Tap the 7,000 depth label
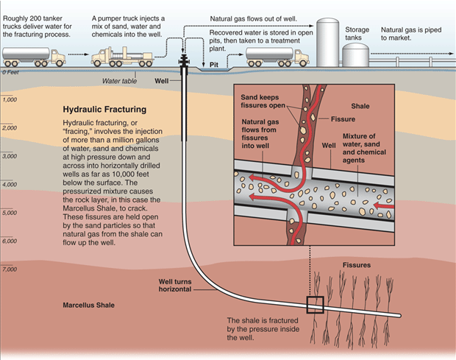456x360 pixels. (x=10, y=269)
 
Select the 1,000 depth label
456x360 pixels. (x=10, y=99)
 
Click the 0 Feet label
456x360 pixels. (x=10, y=71)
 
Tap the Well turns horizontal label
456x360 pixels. (x=176, y=286)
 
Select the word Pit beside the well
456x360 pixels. (x=214, y=65)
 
